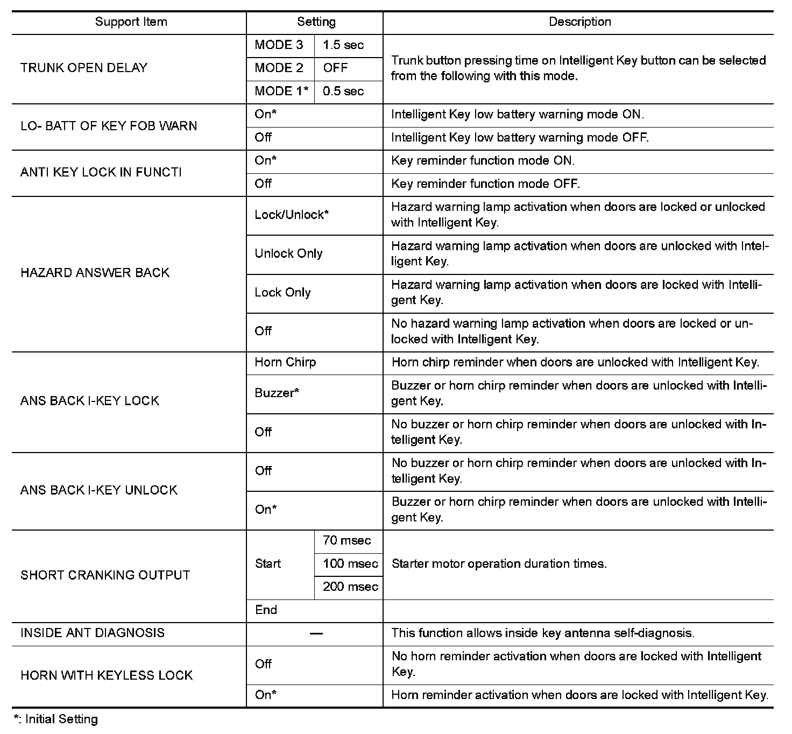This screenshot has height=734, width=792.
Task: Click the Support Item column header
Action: tap(131, 22)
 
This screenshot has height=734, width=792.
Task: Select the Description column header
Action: tap(579, 22)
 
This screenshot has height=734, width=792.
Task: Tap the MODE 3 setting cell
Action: tap(279, 45)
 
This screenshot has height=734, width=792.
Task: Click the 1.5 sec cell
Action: tap(343, 45)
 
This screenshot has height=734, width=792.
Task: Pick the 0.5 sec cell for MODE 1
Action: tap(343, 91)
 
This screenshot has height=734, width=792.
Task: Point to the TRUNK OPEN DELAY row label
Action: tap(84, 68)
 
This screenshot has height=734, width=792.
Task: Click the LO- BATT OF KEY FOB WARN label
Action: tap(109, 126)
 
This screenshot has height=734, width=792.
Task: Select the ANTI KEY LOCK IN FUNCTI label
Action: tap(101, 172)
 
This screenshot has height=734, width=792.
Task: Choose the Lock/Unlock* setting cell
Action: tap(292, 215)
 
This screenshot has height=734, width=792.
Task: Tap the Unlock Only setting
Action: tap(288, 253)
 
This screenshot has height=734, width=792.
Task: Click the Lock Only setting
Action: tap(282, 293)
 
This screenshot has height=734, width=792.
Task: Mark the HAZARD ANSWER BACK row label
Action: tap(95, 273)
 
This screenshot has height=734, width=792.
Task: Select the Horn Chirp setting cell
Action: tap(285, 363)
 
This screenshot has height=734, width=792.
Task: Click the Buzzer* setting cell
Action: tap(277, 393)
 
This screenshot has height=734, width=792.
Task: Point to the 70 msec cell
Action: tap(347, 541)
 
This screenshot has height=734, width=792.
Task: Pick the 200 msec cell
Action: tap(350, 587)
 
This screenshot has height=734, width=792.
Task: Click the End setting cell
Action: tap(266, 610)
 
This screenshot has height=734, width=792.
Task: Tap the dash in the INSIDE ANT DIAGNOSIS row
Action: tap(316, 634)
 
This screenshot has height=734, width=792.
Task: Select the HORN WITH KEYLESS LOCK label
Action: tap(107, 676)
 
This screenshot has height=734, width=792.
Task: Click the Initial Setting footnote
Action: tap(56, 719)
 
